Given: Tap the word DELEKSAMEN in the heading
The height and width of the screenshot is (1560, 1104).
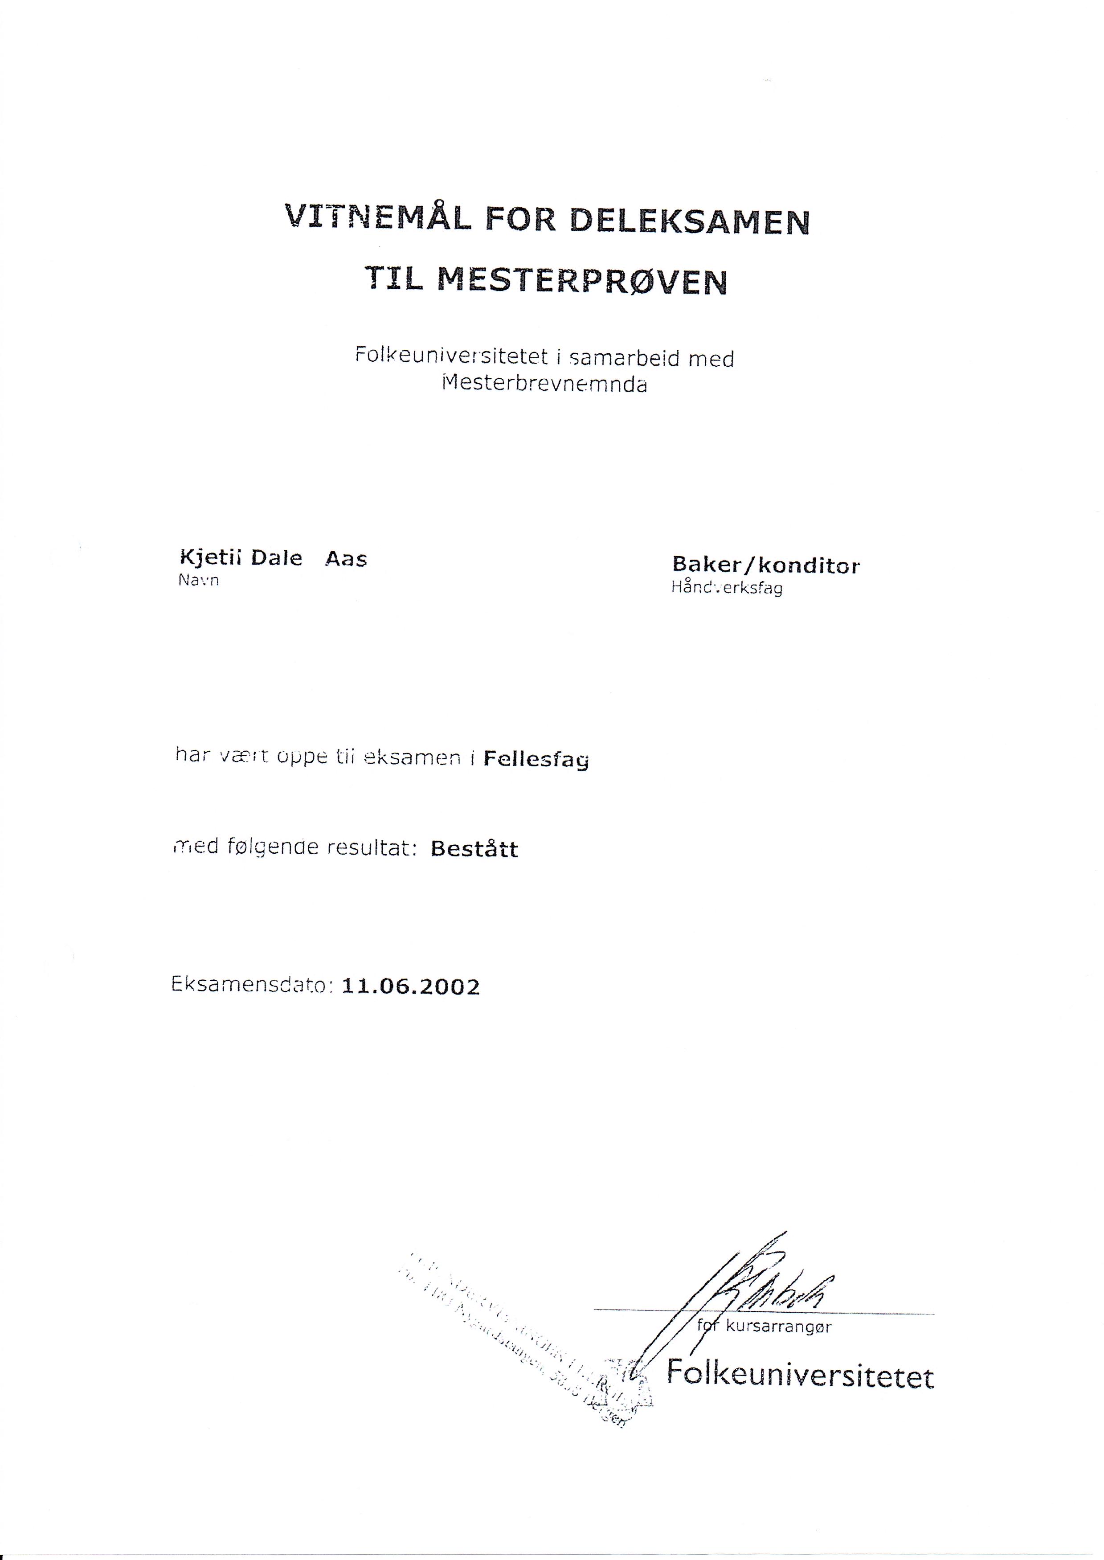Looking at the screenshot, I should click(689, 221).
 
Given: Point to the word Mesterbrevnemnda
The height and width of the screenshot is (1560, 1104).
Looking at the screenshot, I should click(544, 384).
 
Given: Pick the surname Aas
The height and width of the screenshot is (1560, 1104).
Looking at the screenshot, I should click(346, 559).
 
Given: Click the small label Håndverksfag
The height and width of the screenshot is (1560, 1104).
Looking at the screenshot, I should click(727, 588).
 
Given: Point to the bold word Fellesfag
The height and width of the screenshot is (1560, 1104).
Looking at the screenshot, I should click(536, 759).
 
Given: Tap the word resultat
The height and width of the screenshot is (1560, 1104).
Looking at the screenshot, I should click(371, 848).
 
